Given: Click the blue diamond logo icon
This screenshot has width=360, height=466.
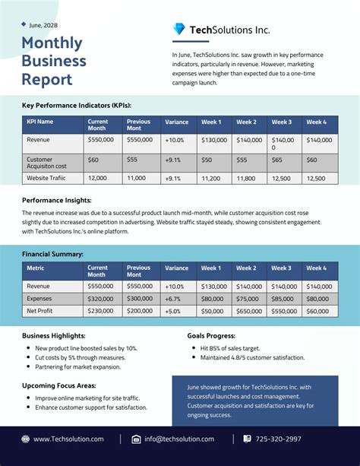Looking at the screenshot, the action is click(x=178, y=30).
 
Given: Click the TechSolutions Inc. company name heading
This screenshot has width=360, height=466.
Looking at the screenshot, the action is click(x=229, y=30).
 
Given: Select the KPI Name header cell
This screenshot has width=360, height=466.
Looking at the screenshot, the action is click(x=40, y=122).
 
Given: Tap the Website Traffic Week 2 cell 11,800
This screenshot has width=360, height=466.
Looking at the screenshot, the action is click(x=246, y=178).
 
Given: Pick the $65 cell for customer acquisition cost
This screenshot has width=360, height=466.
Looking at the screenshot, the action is click(x=277, y=160).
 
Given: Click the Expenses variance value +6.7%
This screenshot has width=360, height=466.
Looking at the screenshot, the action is click(x=174, y=299).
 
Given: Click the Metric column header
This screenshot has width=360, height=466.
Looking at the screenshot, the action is click(x=36, y=268).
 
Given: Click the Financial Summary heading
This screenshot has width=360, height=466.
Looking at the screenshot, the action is click(x=52, y=253).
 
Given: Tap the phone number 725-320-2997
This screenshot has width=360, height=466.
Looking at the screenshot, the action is click(x=277, y=439).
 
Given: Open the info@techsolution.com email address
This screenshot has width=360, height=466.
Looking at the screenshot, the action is click(x=179, y=439).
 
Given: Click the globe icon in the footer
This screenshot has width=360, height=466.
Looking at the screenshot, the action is click(x=26, y=439).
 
